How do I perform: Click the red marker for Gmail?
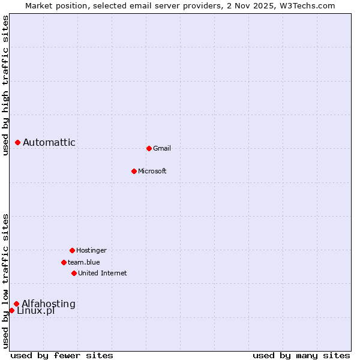tap(149, 148)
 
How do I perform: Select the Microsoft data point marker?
tap(134, 171)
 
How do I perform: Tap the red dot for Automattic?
tap(17, 142)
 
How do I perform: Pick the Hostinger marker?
tap(72, 250)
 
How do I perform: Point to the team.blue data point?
tap(64, 262)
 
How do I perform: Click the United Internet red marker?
tap(74, 273)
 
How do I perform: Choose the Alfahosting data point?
tap(16, 304)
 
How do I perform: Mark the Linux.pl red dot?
tap(11, 310)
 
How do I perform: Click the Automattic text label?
tap(49, 142)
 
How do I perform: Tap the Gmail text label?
tap(162, 148)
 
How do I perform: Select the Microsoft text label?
tap(152, 171)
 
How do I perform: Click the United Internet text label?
tap(103, 273)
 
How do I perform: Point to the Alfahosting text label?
tap(49, 304)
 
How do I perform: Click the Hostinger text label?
tap(91, 250)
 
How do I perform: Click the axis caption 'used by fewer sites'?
tap(62, 355)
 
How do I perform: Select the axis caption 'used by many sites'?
tap(301, 355)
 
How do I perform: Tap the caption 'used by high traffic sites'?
tap(5, 85)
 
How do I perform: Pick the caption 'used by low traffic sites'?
tap(5, 281)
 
